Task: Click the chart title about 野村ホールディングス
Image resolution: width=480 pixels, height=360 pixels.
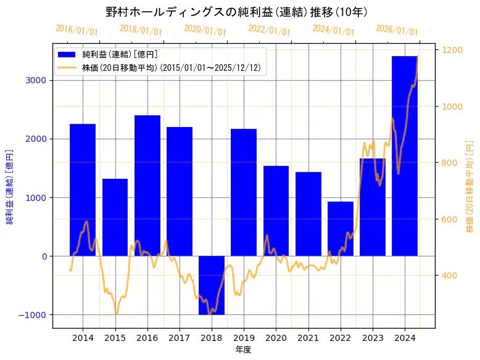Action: (x=237, y=12)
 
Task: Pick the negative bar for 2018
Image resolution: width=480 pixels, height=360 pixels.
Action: (x=212, y=285)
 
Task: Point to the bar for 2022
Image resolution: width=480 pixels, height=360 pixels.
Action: (x=341, y=229)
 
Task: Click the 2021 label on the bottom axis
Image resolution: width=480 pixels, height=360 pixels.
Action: (x=308, y=338)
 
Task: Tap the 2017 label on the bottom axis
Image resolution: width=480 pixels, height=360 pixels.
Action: (x=180, y=338)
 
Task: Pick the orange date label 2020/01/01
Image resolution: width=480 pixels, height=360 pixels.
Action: (x=205, y=30)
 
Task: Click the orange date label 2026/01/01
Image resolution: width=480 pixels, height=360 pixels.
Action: (x=397, y=30)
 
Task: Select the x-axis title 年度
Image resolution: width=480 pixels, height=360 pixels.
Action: (x=244, y=350)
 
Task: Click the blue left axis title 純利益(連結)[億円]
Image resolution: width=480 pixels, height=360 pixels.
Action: (x=10, y=186)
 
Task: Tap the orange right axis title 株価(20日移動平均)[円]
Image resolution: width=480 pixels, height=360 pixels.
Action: (x=470, y=186)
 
